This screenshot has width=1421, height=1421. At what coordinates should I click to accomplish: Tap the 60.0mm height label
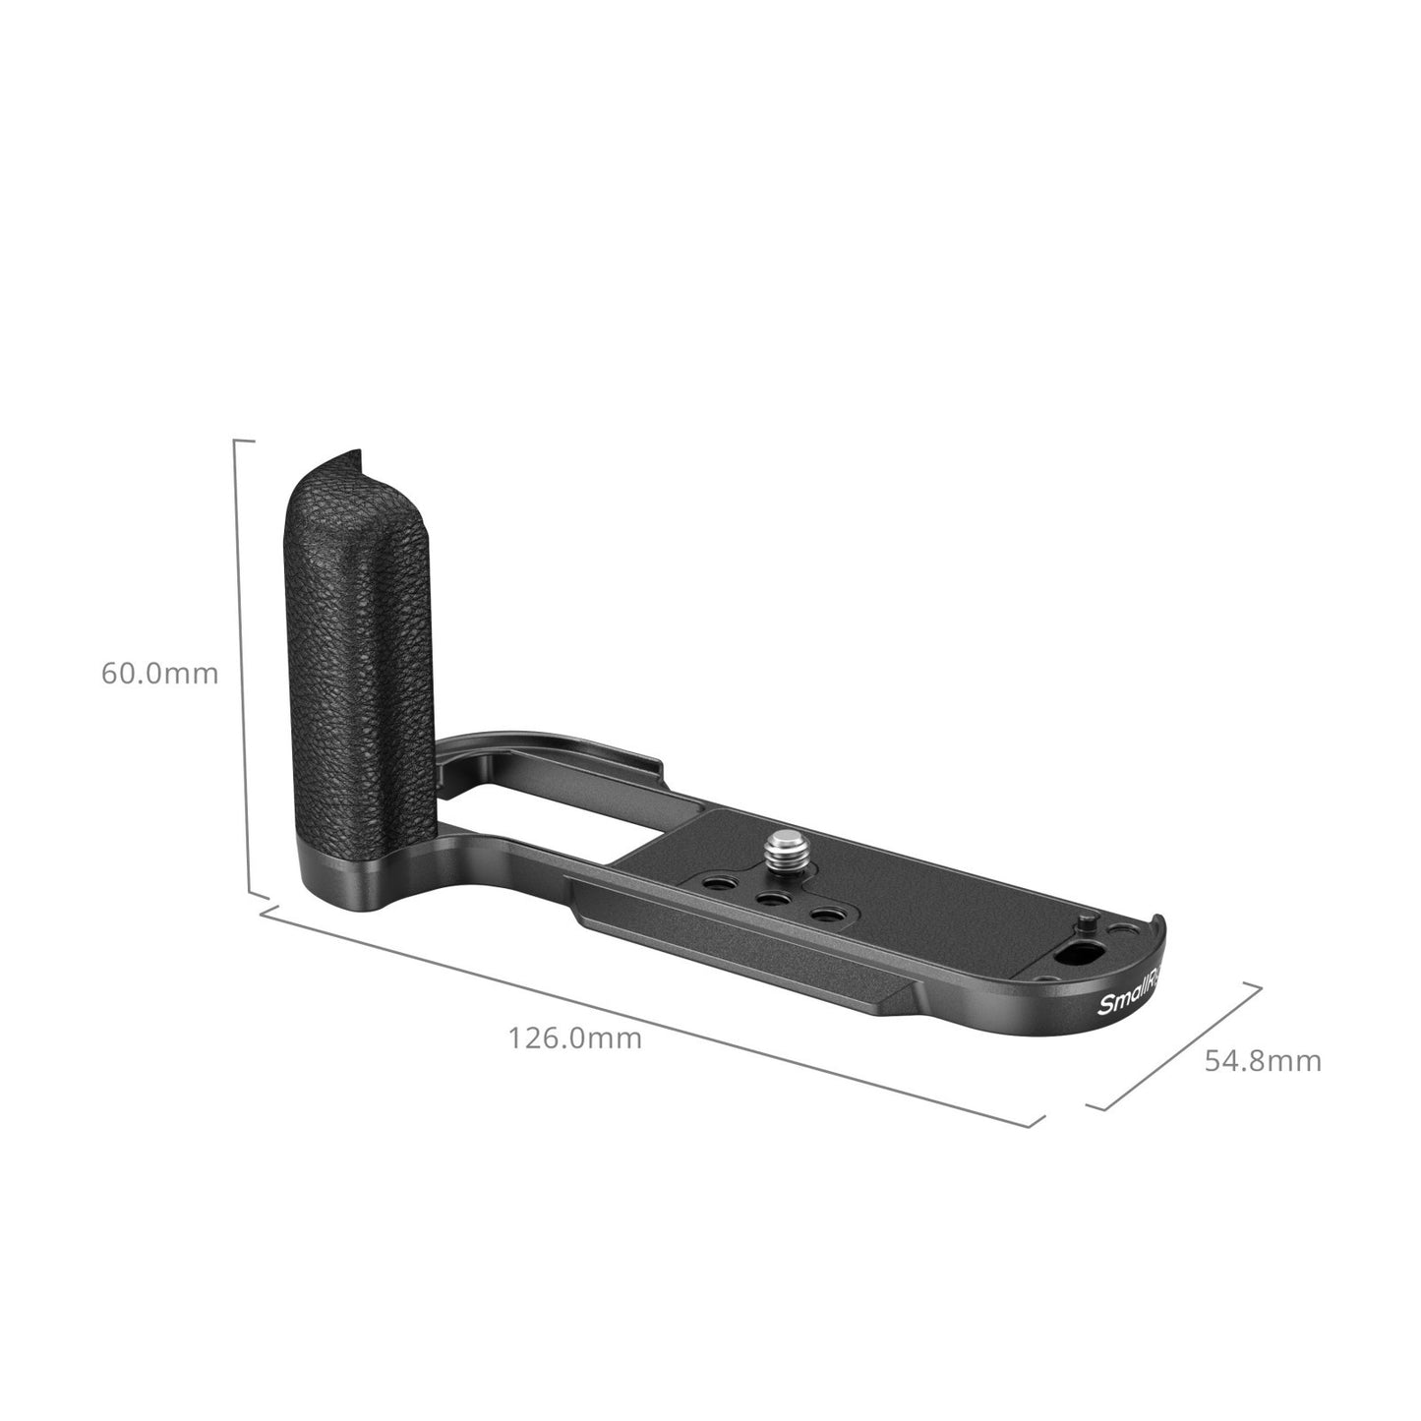(x=159, y=674)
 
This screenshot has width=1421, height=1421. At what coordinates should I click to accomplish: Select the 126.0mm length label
(x=574, y=1037)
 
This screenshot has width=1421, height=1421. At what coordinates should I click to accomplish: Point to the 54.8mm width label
(x=1263, y=1061)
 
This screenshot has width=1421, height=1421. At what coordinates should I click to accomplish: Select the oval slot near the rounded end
(x=1070, y=955)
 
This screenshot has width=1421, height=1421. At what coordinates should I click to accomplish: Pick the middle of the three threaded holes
(x=769, y=899)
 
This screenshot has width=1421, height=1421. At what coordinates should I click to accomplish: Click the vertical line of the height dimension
(x=236, y=669)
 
